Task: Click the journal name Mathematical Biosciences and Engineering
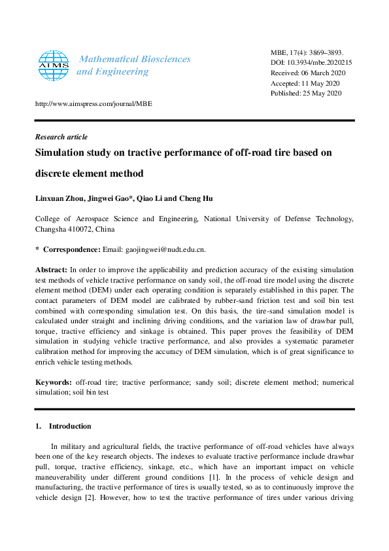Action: click(x=134, y=65)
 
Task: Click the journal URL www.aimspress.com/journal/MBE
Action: click(x=93, y=103)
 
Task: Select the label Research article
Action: click(x=61, y=137)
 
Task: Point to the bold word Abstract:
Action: click(x=51, y=270)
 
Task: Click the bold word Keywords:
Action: click(x=53, y=382)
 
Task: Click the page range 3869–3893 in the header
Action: click(x=326, y=52)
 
